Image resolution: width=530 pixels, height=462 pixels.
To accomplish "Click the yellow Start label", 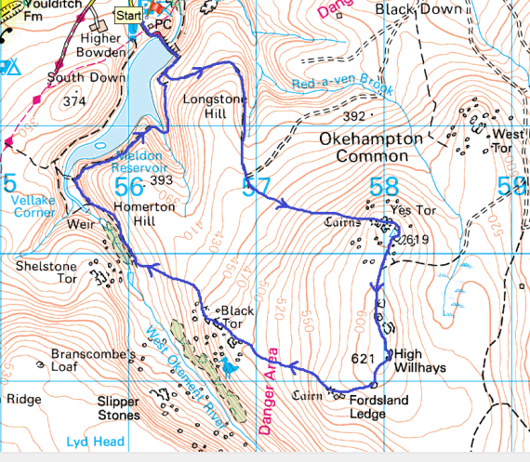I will [127, 16].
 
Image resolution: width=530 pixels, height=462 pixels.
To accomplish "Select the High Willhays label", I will [419, 361].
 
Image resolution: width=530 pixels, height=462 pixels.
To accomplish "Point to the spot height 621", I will [364, 358].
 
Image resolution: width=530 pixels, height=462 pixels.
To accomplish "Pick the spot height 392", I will [354, 116].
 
